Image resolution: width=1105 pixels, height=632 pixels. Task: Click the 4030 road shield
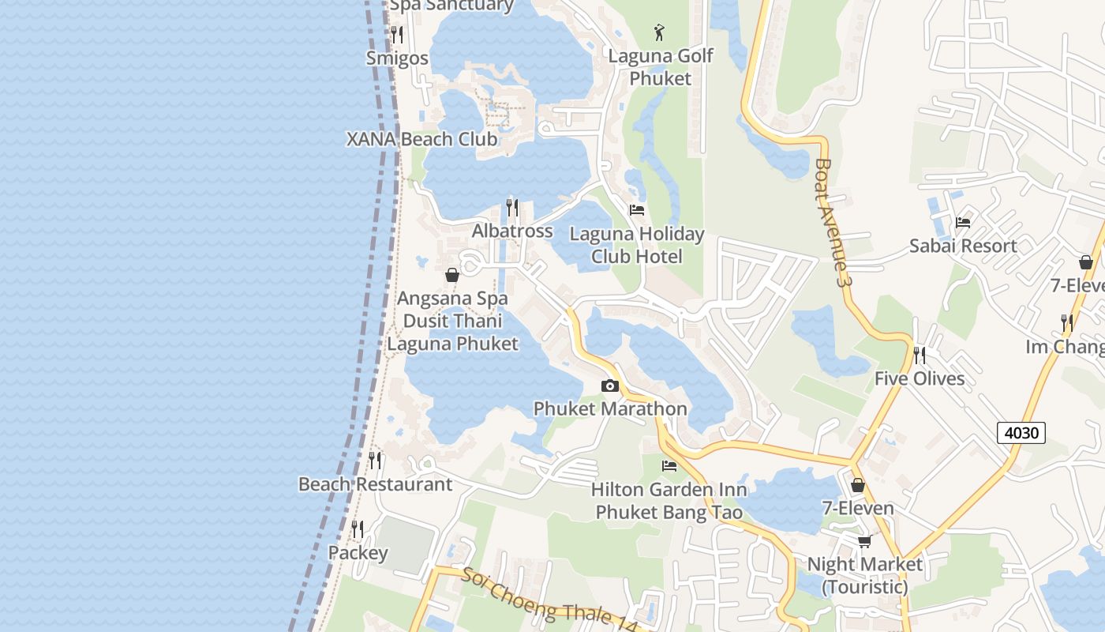(1021, 432)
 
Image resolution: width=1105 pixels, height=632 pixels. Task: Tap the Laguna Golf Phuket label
(661, 67)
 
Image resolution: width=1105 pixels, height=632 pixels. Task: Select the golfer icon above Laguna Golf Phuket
(659, 32)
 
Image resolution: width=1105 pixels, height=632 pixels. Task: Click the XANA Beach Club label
(422, 139)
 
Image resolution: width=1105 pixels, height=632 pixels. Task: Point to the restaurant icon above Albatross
(512, 207)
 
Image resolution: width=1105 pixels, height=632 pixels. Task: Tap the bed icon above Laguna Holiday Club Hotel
(637, 210)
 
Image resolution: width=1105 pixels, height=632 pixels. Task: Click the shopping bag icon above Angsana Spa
(452, 275)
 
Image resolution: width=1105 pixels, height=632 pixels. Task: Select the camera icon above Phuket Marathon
(609, 386)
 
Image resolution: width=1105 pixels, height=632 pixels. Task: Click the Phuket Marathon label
(610, 408)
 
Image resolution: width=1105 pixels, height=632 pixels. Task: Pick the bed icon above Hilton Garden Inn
(669, 465)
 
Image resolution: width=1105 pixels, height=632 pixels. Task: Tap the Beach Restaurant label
(375, 483)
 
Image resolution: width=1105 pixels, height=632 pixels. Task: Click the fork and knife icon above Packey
(358, 529)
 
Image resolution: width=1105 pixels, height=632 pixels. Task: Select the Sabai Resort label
(963, 246)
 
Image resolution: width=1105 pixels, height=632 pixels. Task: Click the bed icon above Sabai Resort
(963, 222)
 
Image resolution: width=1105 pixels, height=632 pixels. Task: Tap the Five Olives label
(920, 378)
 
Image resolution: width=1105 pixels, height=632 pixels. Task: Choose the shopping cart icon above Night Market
(864, 541)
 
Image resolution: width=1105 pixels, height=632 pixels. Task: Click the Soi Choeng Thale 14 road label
(549, 601)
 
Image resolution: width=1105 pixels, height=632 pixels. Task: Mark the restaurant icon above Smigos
(397, 34)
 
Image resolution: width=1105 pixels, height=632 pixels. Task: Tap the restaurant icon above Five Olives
(920, 355)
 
